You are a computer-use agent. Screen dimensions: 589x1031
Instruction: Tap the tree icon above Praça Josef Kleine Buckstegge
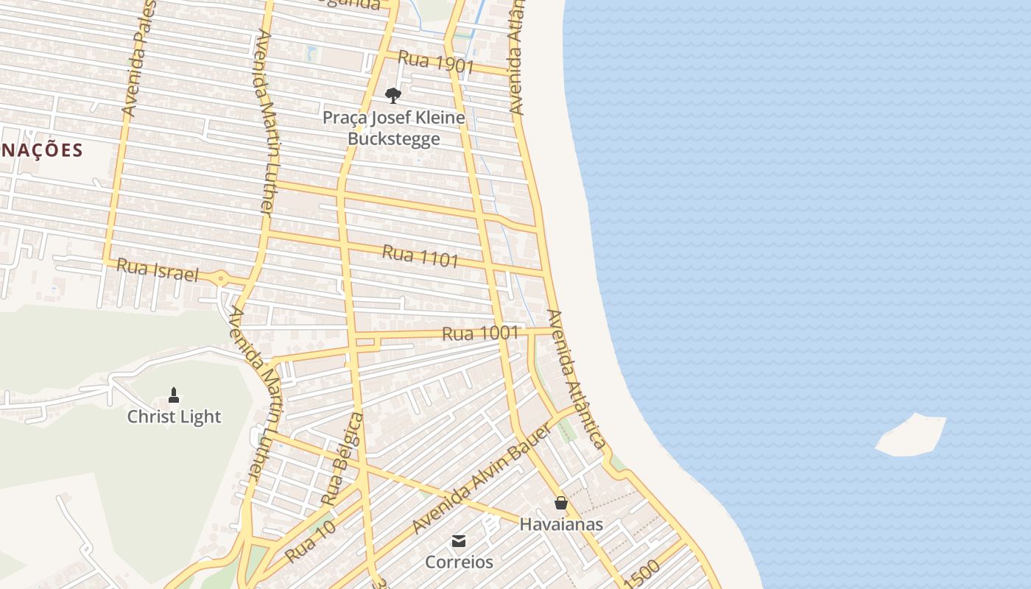click(x=393, y=95)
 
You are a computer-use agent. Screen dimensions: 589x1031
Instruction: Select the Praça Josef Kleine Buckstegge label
click(x=394, y=128)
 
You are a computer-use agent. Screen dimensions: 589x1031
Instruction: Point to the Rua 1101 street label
click(x=421, y=256)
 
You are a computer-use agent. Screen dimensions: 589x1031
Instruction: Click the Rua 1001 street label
click(x=480, y=334)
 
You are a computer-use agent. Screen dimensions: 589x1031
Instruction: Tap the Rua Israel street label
click(x=158, y=270)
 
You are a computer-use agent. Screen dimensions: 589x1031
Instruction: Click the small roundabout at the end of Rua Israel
click(x=220, y=278)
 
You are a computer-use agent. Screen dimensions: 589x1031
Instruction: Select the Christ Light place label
click(x=174, y=417)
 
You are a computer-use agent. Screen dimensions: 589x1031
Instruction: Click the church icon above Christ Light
click(x=174, y=395)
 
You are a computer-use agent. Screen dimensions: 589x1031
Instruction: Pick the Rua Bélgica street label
click(x=342, y=459)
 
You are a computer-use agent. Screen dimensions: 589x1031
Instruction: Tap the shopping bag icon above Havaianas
click(x=561, y=504)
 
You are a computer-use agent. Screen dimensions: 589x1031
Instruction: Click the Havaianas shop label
click(x=561, y=524)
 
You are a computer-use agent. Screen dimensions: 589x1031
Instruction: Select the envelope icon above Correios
click(x=459, y=542)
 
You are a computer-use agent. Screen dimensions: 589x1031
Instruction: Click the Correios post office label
click(x=459, y=562)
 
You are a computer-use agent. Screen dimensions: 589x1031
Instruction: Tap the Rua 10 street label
click(x=310, y=541)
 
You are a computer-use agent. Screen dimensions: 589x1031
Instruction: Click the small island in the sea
click(x=911, y=435)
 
